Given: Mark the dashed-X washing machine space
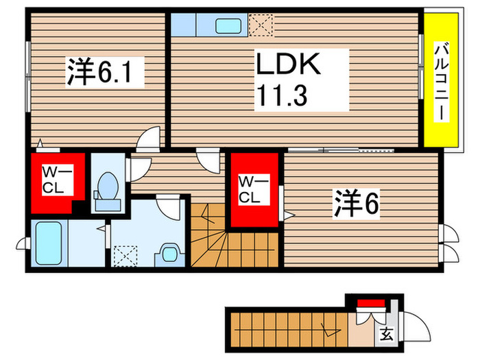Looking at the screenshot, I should click(126, 256).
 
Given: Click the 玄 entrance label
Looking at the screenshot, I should click(386, 335).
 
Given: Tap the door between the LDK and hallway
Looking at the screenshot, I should click(205, 158).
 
